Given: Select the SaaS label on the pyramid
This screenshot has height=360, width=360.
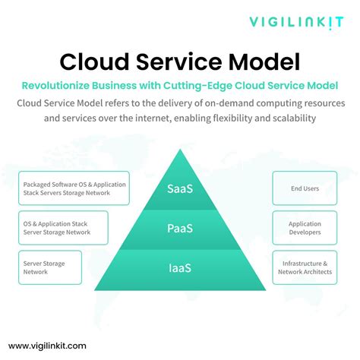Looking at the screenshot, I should coord(180,188).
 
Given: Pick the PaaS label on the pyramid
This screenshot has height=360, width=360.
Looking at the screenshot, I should coord(180,229).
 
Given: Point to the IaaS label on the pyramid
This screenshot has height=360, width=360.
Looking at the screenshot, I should coord(180,268).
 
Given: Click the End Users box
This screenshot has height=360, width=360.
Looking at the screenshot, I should coord(305,188).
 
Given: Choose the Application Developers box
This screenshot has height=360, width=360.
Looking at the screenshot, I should coord(305,229).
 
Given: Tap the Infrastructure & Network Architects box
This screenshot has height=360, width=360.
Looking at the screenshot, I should coord(305,267).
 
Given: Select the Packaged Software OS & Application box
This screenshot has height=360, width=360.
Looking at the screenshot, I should coord(74,188).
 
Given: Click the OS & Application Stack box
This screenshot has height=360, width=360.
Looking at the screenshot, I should coord(64,229).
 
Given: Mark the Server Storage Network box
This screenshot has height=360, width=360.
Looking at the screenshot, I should coord(50,267).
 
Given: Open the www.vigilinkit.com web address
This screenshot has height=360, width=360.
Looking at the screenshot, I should coord(48,345).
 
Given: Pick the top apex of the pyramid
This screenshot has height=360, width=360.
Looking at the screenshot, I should coord(180,151).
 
